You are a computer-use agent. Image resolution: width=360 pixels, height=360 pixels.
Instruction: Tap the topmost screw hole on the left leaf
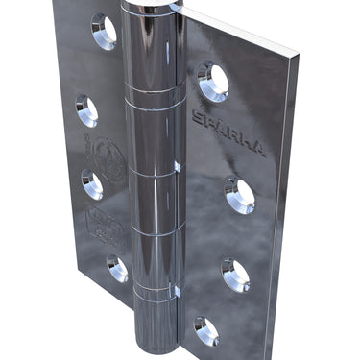[104, 31]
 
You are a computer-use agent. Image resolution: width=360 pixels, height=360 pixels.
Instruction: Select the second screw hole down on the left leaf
[86, 109]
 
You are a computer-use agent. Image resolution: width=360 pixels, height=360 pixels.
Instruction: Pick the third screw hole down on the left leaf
[92, 183]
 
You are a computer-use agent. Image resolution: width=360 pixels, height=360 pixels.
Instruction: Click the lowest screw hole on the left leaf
[117, 269]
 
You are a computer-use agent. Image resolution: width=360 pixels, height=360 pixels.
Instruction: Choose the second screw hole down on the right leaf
[239, 194]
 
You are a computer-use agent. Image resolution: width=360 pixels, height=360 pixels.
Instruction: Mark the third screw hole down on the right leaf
[234, 275]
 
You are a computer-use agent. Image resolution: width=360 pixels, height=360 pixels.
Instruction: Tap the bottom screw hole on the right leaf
[205, 331]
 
